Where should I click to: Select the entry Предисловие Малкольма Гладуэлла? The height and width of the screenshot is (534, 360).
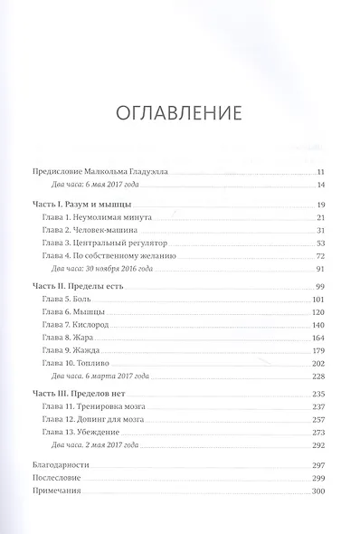[99, 172]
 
